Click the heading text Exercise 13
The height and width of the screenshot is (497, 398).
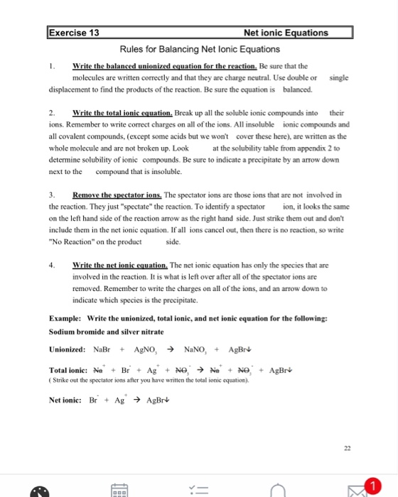(x=74, y=33)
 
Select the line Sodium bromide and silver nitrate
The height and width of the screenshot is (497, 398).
(x=97, y=332)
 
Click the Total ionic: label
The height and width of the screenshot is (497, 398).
(x=68, y=370)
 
